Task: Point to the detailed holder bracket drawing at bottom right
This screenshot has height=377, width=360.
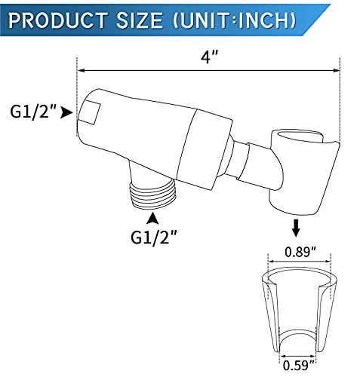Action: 300,317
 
